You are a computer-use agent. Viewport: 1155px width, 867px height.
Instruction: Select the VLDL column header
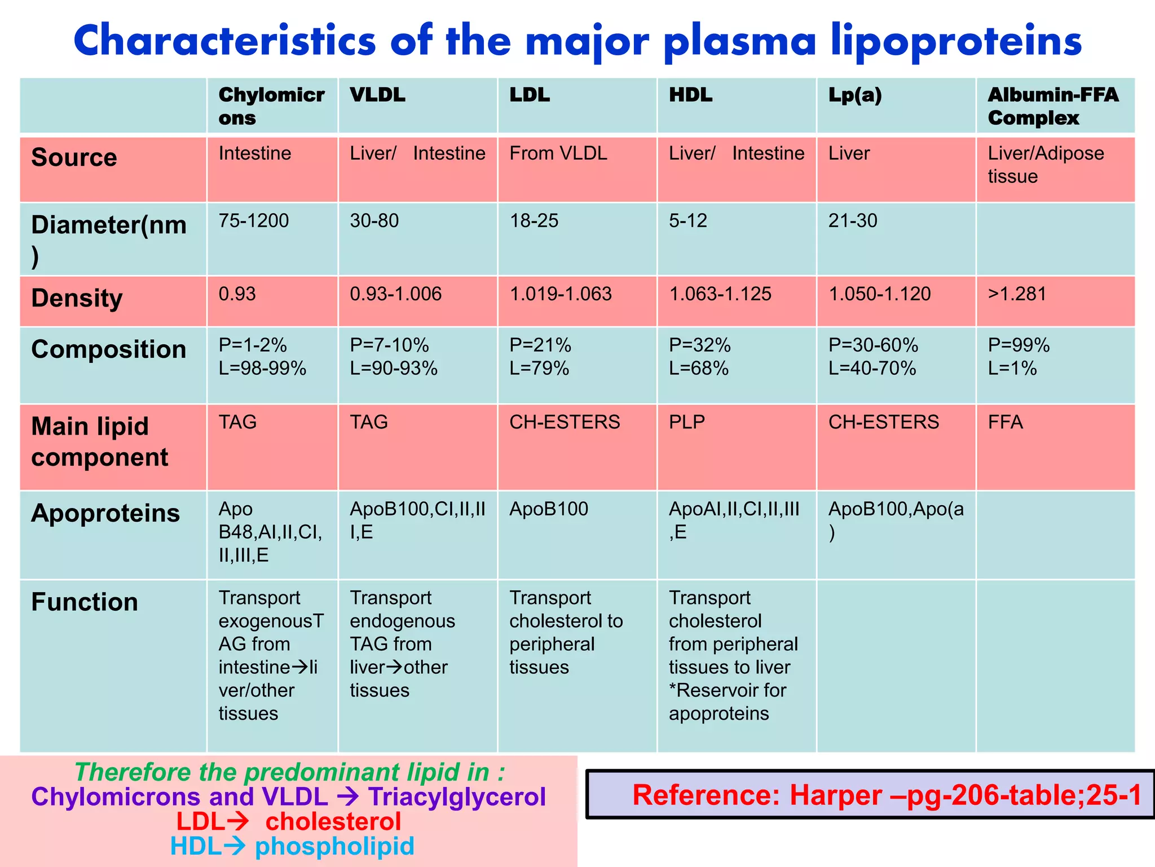click(x=377, y=95)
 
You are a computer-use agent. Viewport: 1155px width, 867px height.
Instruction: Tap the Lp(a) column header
click(x=854, y=95)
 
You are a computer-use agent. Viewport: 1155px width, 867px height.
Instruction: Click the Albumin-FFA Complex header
click(x=1052, y=106)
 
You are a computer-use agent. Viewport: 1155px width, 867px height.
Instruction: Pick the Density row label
click(x=77, y=298)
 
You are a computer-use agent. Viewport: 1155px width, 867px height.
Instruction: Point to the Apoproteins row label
click(x=105, y=513)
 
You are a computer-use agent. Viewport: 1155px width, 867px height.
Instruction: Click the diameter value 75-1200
click(x=253, y=220)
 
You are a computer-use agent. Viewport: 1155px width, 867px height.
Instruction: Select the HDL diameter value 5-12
click(x=687, y=220)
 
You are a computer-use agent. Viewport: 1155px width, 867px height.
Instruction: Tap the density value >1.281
click(x=1017, y=294)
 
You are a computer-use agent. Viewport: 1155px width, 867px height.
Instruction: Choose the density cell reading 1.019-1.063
click(x=560, y=294)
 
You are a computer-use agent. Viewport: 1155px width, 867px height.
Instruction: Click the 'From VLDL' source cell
click(x=558, y=154)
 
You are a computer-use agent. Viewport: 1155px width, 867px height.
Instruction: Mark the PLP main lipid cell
click(x=686, y=422)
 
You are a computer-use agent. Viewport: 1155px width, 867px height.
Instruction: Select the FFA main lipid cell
click(x=1005, y=422)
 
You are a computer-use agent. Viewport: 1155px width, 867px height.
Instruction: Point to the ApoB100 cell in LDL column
click(x=548, y=509)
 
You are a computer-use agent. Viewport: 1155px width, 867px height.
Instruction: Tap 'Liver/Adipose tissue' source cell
click(x=1045, y=164)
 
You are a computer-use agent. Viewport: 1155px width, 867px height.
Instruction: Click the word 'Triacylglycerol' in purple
click(x=457, y=797)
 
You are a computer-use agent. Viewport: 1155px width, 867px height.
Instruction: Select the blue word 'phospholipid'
click(x=334, y=846)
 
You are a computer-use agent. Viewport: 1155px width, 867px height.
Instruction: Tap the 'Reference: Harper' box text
click(x=886, y=795)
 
